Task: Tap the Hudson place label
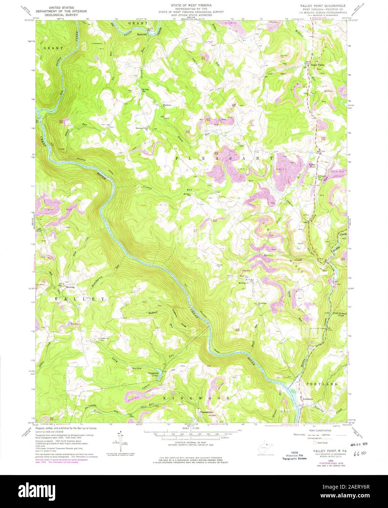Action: pos(167,105)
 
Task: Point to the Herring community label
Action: pos(70,287)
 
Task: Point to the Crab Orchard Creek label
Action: pos(339,314)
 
